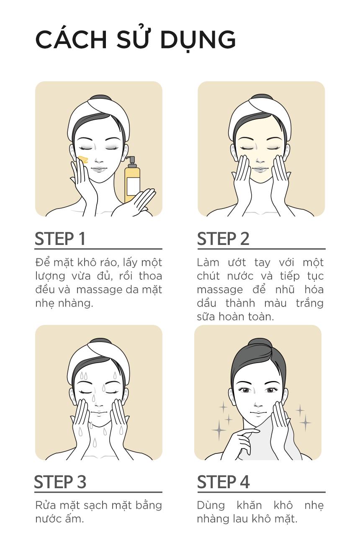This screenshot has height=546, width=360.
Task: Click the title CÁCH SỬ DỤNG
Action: click(136, 39)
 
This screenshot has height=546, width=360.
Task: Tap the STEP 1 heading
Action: click(60, 239)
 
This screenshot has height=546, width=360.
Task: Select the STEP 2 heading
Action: click(223, 239)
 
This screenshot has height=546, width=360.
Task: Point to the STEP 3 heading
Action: click(60, 482)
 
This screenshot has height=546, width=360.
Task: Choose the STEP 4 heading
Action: click(223, 482)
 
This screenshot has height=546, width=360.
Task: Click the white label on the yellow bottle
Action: click(133, 186)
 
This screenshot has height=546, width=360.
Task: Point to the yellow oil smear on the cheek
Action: click(83, 159)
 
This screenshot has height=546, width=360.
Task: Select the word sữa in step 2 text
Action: click(206, 317)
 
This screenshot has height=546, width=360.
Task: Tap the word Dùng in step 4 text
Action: click(211, 505)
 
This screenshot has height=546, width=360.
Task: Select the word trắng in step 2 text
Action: click(309, 303)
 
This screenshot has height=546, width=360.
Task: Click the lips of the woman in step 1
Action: click(98, 170)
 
